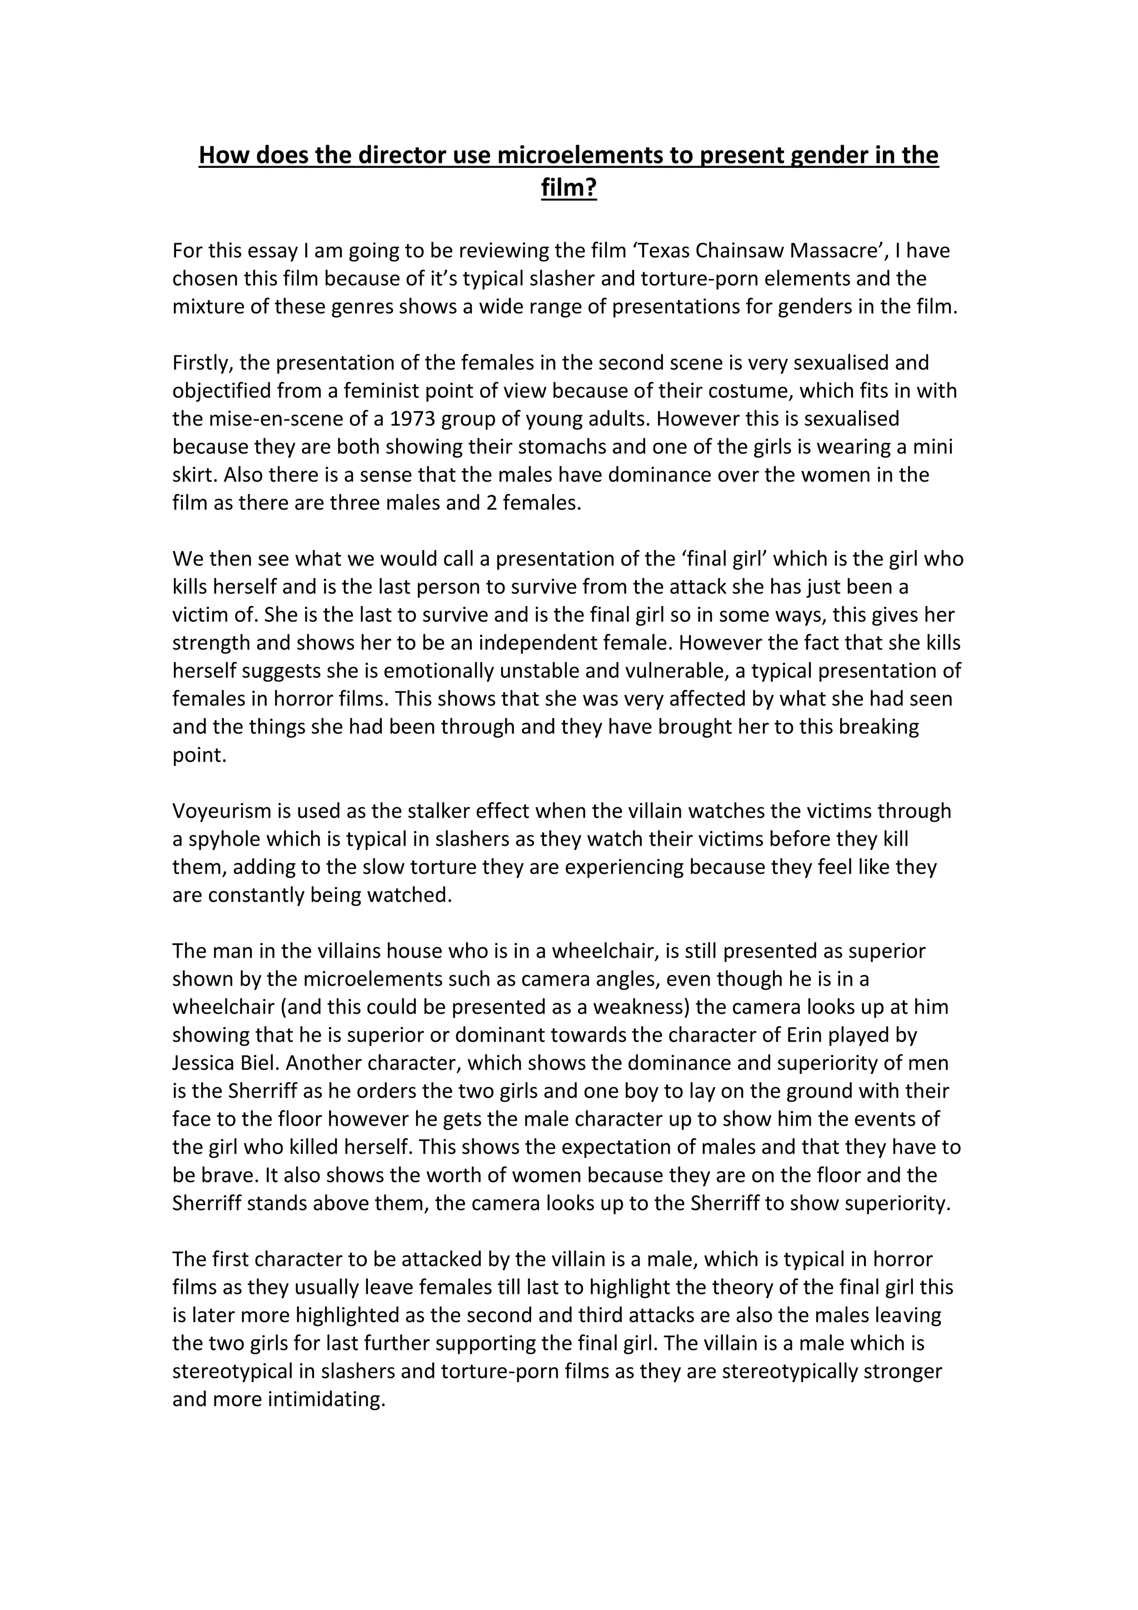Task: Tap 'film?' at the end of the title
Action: pos(568,188)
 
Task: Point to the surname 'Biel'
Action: pos(260,1063)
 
